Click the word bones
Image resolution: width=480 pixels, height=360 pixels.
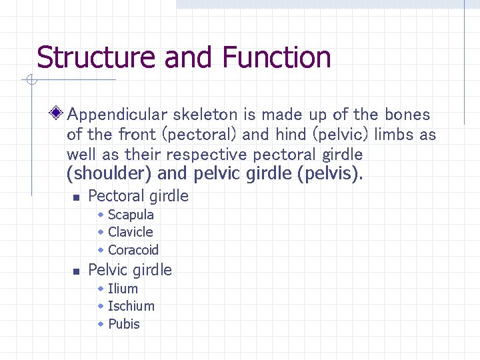coord(407,115)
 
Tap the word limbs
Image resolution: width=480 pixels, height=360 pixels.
coord(394,135)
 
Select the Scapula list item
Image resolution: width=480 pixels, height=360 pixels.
coord(131,215)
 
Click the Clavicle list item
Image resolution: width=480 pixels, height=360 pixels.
coord(130,232)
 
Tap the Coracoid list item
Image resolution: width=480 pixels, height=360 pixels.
coord(133,250)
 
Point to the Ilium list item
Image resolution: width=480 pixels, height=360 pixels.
coord(123,289)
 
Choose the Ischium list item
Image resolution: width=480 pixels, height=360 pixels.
coord(131,306)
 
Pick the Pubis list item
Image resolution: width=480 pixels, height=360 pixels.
coord(123,324)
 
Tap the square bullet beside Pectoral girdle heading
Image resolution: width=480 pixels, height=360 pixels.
coord(76,197)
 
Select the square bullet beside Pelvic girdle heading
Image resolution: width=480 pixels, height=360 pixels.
coord(76,271)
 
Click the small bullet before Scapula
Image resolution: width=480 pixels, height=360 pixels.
coord(100,215)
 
